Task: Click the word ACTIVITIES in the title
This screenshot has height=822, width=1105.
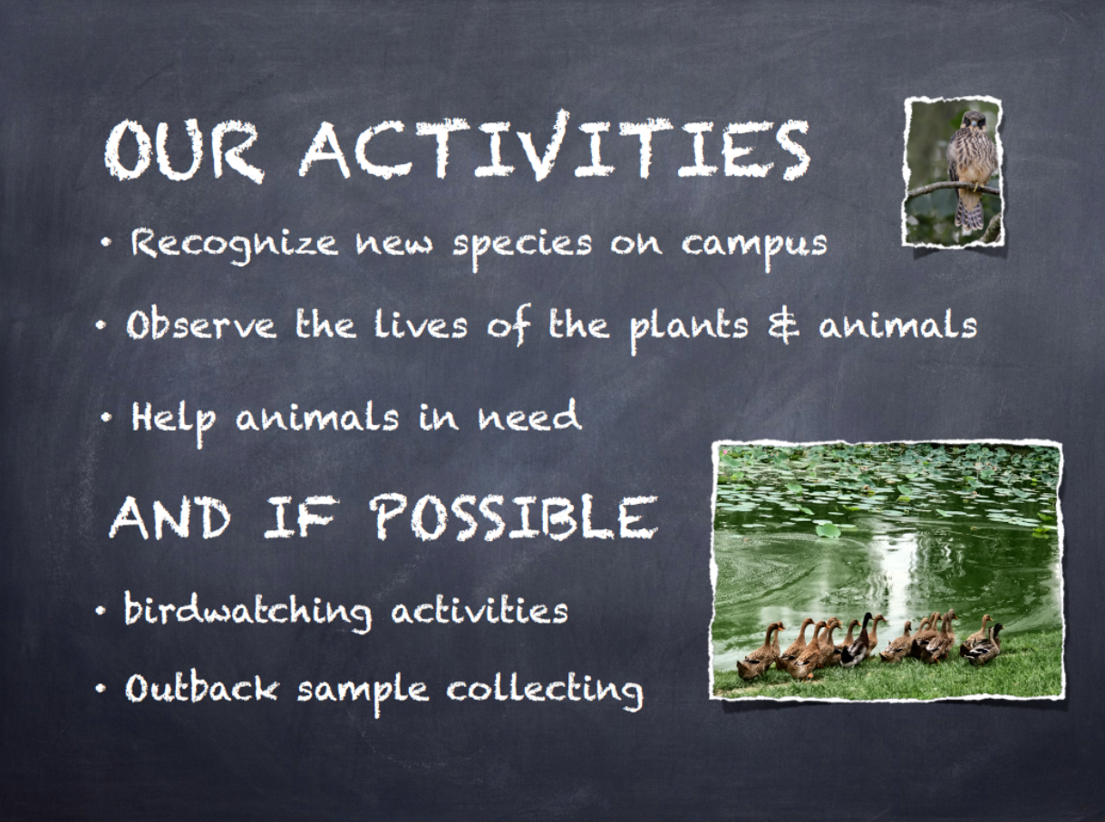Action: click(555, 146)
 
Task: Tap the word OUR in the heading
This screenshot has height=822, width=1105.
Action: click(183, 150)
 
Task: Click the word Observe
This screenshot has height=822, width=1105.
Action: click(201, 324)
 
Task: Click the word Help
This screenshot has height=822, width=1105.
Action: click(173, 420)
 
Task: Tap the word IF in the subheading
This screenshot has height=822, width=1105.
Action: click(298, 518)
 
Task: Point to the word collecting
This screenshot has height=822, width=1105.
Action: click(544, 690)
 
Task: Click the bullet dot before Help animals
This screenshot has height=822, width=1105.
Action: click(106, 419)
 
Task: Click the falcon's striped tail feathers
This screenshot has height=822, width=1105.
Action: click(969, 212)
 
